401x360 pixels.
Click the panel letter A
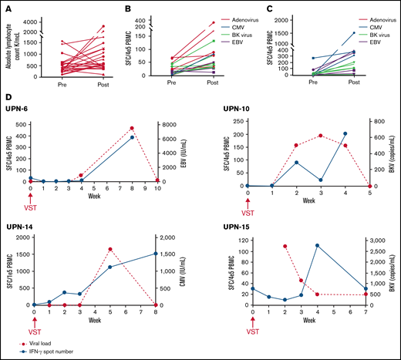coord(8,8)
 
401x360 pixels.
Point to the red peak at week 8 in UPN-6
coord(132,128)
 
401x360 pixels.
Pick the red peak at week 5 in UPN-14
coord(111,249)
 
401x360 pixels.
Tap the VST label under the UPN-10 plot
coord(248,212)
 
